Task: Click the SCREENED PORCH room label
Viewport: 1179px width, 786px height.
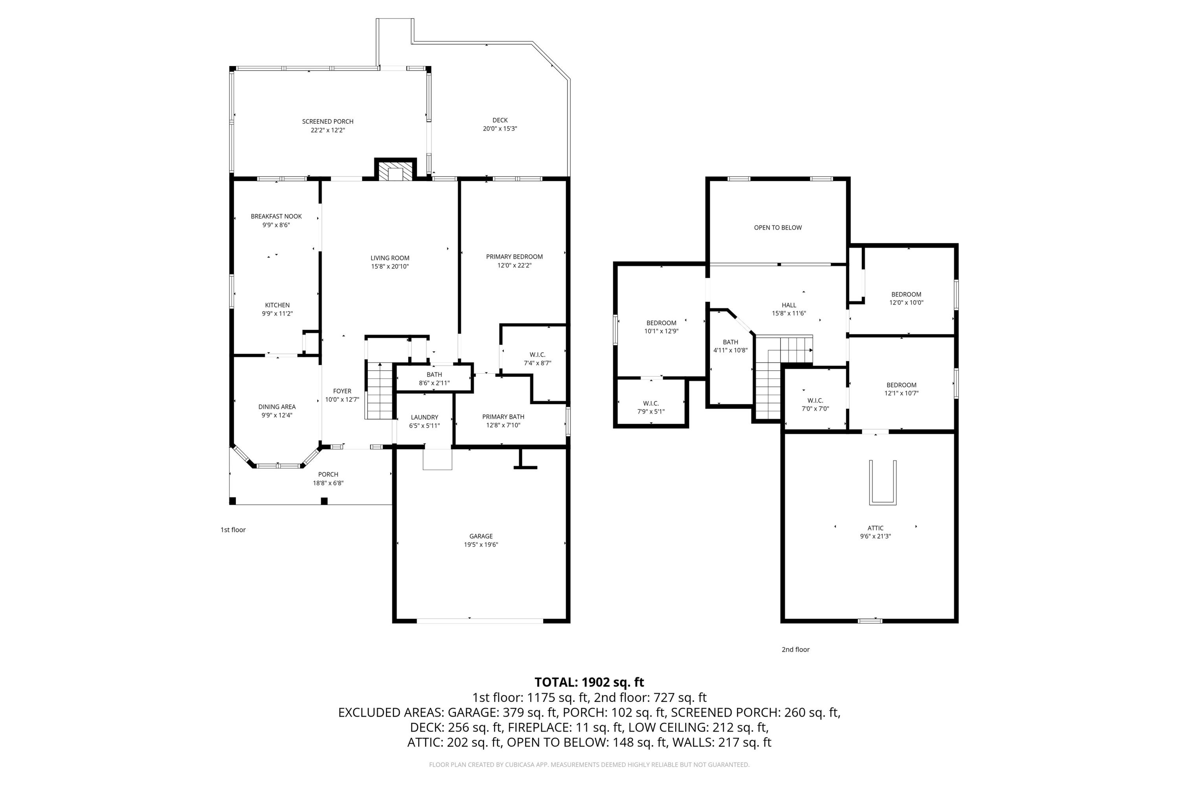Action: coord(327,121)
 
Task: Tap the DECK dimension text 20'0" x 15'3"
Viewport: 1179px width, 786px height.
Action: coord(500,129)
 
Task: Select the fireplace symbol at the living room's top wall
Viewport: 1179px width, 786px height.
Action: coord(395,171)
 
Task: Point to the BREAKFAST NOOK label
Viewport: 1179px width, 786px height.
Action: coord(276,217)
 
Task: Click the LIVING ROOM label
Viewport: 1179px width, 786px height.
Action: coord(389,258)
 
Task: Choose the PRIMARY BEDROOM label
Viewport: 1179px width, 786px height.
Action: coord(514,257)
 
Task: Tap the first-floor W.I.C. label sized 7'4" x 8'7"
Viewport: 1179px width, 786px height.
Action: coord(537,354)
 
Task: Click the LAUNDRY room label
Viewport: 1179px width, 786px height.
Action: coord(424,417)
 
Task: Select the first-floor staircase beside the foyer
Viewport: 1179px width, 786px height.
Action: coord(380,391)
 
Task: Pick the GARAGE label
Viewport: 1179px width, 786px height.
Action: coord(481,536)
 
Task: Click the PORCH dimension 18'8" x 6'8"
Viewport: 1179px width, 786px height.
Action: coord(328,483)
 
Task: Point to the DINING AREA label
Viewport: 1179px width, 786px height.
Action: coord(277,406)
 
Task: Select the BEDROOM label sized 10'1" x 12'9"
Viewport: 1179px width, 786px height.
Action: coord(661,323)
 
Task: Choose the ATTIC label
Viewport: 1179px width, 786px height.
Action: coord(875,528)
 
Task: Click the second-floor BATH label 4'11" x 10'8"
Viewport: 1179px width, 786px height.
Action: coord(730,342)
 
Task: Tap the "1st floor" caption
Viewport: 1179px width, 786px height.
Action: coord(233,530)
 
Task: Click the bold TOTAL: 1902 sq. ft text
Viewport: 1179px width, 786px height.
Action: coord(589,682)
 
